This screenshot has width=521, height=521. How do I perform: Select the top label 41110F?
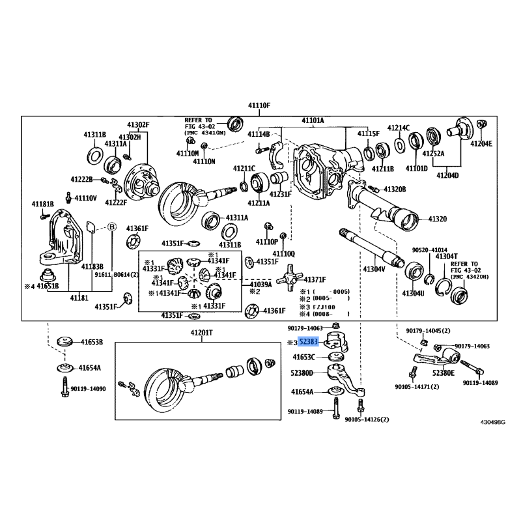(x=259, y=105)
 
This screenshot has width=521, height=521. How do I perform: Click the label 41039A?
(x=260, y=285)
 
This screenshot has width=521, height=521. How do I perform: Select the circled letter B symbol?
(x=111, y=227)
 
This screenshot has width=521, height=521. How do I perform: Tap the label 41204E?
(x=481, y=144)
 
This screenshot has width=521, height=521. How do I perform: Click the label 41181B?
(x=42, y=204)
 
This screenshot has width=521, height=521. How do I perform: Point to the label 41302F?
(x=138, y=124)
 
